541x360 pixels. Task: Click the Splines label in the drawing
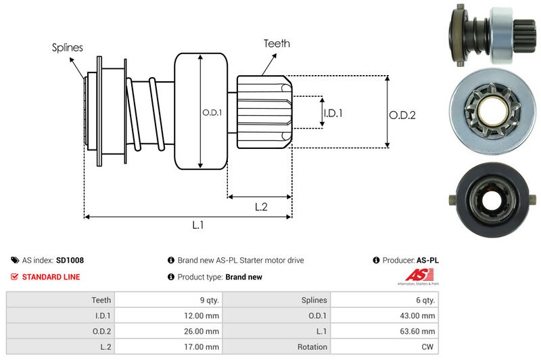coord(67,47)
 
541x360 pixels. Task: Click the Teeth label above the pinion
coord(277,43)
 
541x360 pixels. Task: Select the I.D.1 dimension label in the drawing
coord(333,113)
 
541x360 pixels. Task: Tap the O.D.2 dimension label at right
coord(402,115)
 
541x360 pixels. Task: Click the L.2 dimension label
coord(262,207)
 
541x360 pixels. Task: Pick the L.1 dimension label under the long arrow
coord(198,225)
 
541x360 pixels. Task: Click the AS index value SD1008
coord(70,260)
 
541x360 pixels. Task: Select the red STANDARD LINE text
coord(51,277)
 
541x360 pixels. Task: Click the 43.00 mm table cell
coord(419,315)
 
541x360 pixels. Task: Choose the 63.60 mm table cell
coord(419,331)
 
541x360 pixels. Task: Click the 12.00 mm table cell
coord(203,315)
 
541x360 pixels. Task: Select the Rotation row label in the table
coord(312,346)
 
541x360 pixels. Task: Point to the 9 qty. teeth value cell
coord(206,299)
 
